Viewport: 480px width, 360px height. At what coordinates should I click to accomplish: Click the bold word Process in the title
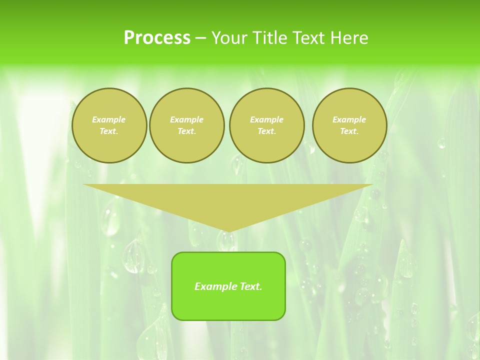pyautogui.click(x=157, y=38)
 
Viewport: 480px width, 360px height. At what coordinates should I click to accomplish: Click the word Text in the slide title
pyautogui.click(x=309, y=38)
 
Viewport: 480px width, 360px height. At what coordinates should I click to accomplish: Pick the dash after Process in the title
pyautogui.click(x=201, y=38)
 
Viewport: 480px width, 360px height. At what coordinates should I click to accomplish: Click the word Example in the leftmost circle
pyautogui.click(x=109, y=119)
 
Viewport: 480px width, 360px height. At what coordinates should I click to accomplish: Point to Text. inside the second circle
pyautogui.click(x=187, y=131)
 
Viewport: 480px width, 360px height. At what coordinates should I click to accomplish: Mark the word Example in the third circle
pyautogui.click(x=267, y=119)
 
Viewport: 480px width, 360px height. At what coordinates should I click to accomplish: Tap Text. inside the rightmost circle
pyautogui.click(x=349, y=131)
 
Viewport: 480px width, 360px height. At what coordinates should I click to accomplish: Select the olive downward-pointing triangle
pyautogui.click(x=228, y=200)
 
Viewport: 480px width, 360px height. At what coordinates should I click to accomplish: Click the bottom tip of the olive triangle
pyautogui.click(x=228, y=231)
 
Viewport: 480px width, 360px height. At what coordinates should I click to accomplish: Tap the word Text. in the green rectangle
pyautogui.click(x=250, y=286)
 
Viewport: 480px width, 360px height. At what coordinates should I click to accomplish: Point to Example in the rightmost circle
pyautogui.click(x=349, y=119)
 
